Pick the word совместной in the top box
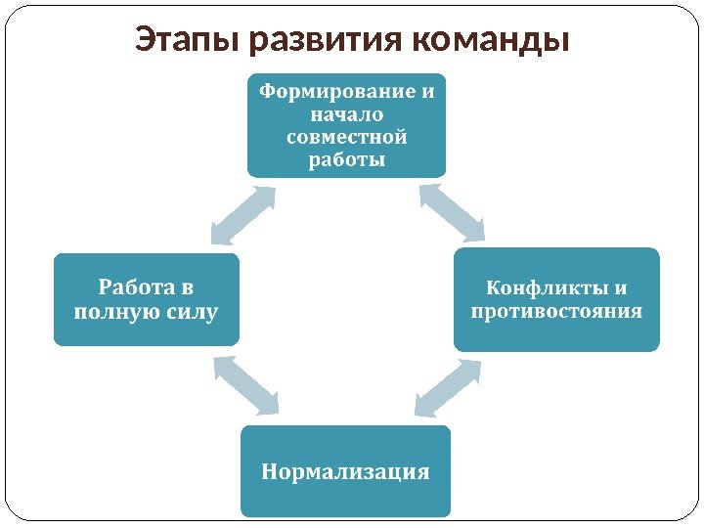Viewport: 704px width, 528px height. [x=346, y=137]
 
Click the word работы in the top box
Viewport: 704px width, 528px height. [x=346, y=159]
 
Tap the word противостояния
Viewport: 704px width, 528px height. [x=556, y=312]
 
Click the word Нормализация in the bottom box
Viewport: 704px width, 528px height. [x=346, y=472]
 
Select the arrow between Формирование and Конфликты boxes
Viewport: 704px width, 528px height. [x=452, y=212]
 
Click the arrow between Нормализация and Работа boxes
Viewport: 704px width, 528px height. [x=244, y=384]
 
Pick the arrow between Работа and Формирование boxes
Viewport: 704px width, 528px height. [x=243, y=216]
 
